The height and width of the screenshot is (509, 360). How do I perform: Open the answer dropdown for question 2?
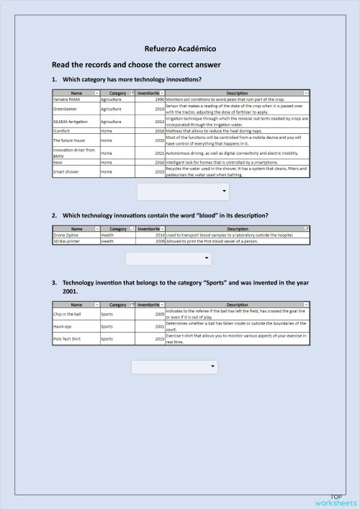(x=168, y=258)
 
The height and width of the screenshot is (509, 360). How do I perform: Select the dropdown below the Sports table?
(x=174, y=367)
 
